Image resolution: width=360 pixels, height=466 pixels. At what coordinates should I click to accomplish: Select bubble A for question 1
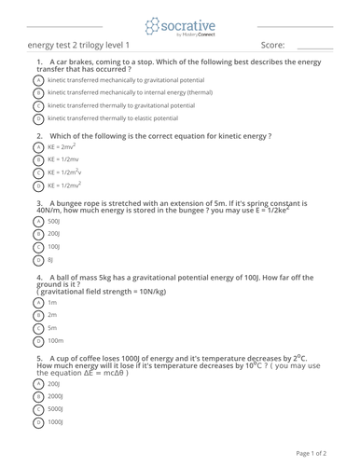(37, 80)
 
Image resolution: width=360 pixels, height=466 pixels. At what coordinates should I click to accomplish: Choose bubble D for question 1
(37, 119)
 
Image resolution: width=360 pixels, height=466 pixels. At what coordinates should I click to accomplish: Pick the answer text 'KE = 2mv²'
(62, 147)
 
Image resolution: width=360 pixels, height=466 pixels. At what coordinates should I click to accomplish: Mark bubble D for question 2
(37, 185)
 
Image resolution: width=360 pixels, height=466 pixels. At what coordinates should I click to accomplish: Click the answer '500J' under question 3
(53, 222)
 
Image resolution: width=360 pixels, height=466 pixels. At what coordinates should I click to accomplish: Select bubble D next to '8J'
(37, 260)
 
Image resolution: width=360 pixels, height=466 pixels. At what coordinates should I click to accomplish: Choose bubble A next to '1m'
(37, 303)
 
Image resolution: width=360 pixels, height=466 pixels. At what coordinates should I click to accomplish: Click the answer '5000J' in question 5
(55, 409)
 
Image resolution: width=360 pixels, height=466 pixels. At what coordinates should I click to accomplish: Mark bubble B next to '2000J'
(37, 396)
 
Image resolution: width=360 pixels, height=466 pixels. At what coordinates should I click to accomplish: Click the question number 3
(39, 201)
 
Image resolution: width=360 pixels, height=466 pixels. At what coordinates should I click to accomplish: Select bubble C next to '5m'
(37, 329)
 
